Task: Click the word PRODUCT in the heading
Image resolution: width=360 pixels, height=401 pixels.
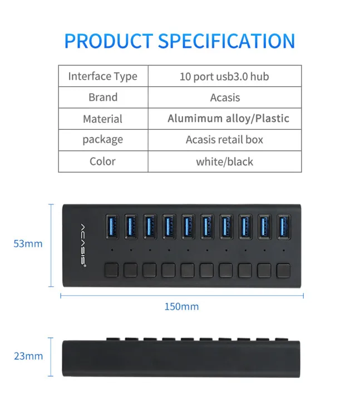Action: coord(109,41)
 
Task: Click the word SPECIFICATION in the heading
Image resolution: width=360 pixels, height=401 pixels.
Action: coord(226,41)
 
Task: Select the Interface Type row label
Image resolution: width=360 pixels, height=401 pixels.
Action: coord(103,76)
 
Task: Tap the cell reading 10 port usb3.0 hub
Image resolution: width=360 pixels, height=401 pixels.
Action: coord(224,76)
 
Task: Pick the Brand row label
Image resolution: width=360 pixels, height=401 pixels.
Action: coord(103,97)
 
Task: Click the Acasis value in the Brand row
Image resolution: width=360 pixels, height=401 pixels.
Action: coord(225,97)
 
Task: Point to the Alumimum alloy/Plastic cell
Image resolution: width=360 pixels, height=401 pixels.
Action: coord(228,119)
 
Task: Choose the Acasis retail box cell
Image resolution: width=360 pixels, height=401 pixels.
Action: coord(224,140)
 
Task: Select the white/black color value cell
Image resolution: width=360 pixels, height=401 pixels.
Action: coord(224,162)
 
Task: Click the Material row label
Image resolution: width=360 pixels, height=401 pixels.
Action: coord(102,119)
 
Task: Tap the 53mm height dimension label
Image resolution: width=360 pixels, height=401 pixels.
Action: coord(28,243)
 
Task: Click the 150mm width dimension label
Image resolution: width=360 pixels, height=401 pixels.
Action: coord(181,306)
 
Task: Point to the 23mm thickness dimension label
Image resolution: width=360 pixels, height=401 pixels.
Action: coord(28,356)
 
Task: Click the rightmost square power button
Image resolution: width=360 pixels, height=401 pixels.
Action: coord(283,270)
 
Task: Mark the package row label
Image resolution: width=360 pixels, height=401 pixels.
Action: coord(103,140)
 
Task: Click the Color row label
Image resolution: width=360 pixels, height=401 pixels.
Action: coord(102,162)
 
